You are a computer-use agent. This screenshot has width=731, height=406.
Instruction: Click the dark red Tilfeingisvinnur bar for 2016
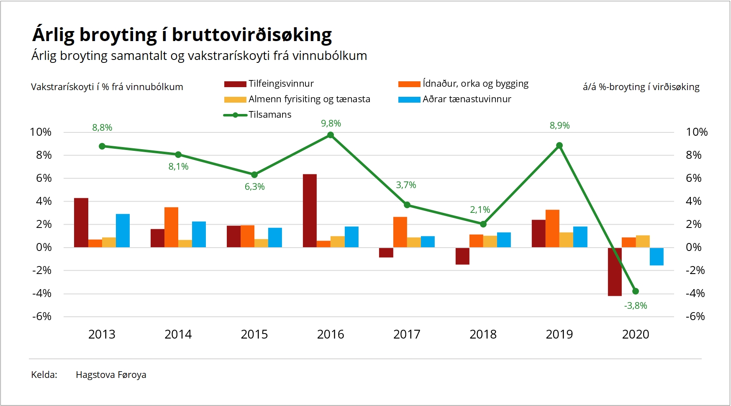tap(310, 210)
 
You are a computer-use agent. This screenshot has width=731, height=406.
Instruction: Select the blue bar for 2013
tap(123, 230)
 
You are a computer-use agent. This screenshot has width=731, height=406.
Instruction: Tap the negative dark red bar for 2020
tap(614, 272)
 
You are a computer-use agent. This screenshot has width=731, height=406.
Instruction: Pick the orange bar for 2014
tap(171, 227)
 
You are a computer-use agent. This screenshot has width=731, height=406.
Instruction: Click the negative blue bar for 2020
tap(657, 256)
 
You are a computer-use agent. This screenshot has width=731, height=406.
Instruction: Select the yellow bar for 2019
tap(566, 240)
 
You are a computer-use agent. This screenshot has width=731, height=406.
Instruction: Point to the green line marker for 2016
tap(331, 135)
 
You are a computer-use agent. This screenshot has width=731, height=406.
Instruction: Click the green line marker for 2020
tap(636, 291)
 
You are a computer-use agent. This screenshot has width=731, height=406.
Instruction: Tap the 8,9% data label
tap(559, 126)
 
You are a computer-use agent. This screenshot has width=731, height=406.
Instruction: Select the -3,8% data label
tap(635, 306)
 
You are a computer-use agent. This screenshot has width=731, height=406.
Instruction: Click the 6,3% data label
tap(254, 187)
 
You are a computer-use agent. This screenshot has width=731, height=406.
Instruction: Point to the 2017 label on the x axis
tap(407, 334)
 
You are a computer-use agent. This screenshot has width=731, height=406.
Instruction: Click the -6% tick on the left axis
tap(42, 316)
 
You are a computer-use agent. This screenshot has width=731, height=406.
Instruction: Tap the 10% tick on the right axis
tap(697, 132)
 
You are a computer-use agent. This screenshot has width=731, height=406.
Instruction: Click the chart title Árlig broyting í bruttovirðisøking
tap(182, 35)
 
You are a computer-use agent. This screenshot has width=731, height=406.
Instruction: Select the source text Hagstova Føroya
tap(111, 375)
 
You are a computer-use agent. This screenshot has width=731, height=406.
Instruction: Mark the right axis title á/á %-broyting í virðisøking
tap(641, 87)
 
